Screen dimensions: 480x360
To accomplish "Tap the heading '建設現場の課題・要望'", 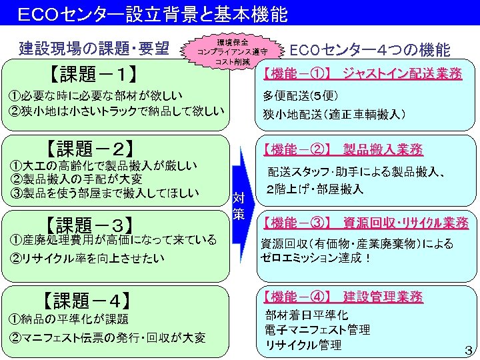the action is click(94, 48).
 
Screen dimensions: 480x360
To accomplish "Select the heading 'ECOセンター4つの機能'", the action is click(370, 50).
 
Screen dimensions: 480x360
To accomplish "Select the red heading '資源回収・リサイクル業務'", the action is click(405, 222).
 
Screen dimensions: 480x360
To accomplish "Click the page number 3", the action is click(467, 350).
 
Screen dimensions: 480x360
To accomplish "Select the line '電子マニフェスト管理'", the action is click(317, 330).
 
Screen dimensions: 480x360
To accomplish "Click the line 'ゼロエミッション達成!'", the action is click(316, 258).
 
